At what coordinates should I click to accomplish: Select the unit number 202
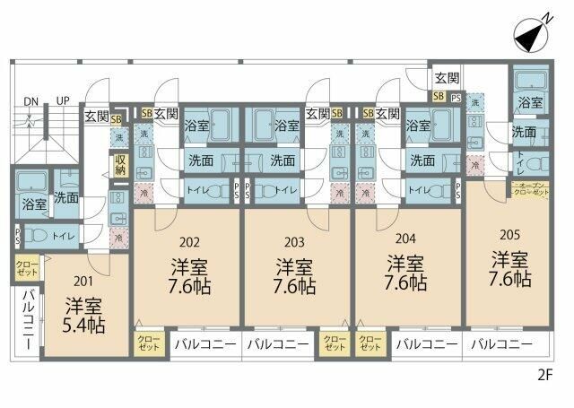tap(189, 241)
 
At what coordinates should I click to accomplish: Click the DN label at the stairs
tap(30, 100)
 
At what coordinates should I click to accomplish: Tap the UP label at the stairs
tap(63, 100)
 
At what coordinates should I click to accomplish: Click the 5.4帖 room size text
tap(84, 324)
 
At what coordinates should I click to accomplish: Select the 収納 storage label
tap(120, 164)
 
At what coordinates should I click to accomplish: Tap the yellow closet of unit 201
tap(26, 267)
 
